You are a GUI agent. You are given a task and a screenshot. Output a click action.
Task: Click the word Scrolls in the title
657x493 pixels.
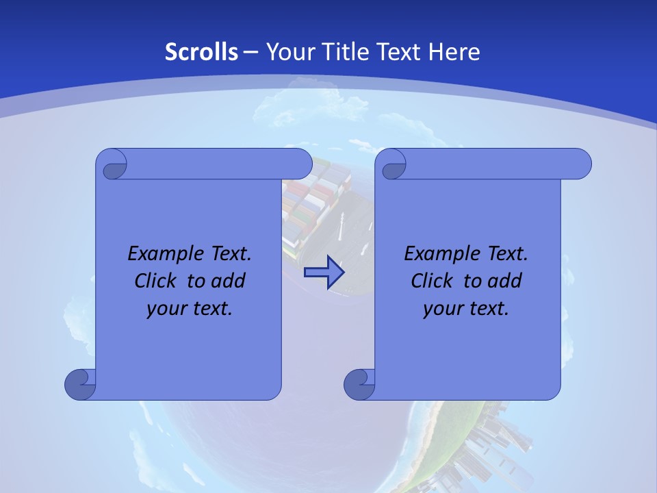click(202, 52)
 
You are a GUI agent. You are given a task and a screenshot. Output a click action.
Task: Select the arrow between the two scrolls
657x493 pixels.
click(324, 273)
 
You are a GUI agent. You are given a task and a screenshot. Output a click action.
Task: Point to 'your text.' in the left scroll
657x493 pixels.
click(190, 309)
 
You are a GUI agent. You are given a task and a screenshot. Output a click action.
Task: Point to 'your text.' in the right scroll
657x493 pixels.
click(466, 309)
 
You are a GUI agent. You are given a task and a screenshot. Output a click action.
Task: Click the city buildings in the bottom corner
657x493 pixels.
click(493, 445)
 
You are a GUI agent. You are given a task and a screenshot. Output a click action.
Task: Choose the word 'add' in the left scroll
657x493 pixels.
click(228, 281)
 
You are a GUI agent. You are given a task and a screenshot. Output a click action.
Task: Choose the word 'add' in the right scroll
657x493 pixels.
click(504, 281)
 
